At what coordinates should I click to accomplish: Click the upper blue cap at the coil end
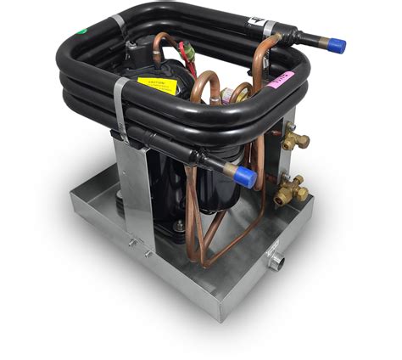[337, 44]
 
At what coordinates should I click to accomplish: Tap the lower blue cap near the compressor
[246, 177]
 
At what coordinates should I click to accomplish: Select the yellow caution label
[158, 86]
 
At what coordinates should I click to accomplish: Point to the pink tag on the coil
[282, 80]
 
